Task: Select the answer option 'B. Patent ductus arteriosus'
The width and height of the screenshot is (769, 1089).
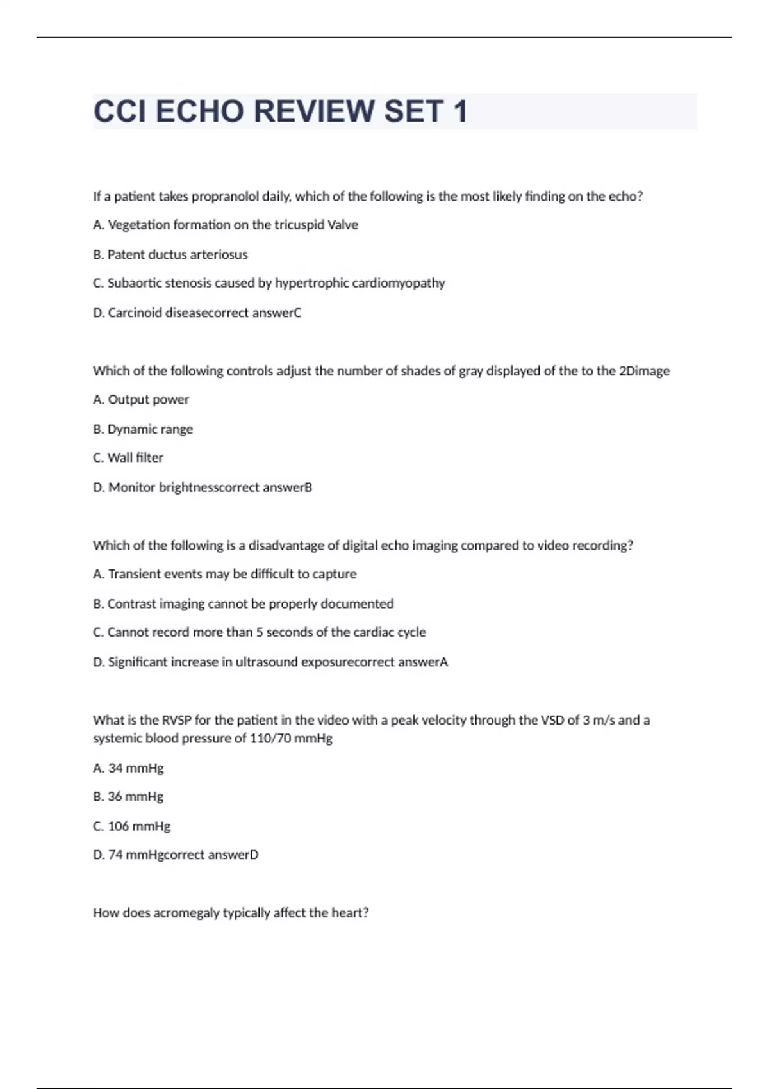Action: pyautogui.click(x=170, y=254)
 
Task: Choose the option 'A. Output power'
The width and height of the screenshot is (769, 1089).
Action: pyautogui.click(x=141, y=400)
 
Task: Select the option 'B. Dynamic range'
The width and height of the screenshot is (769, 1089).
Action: pyautogui.click(x=143, y=429)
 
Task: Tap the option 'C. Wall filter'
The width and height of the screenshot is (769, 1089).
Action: pyautogui.click(x=128, y=458)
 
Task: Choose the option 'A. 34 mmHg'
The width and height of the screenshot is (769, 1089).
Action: pyautogui.click(x=128, y=767)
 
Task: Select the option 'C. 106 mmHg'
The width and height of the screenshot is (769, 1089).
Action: pyautogui.click(x=131, y=826)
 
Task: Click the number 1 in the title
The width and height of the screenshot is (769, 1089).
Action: pyautogui.click(x=459, y=111)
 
